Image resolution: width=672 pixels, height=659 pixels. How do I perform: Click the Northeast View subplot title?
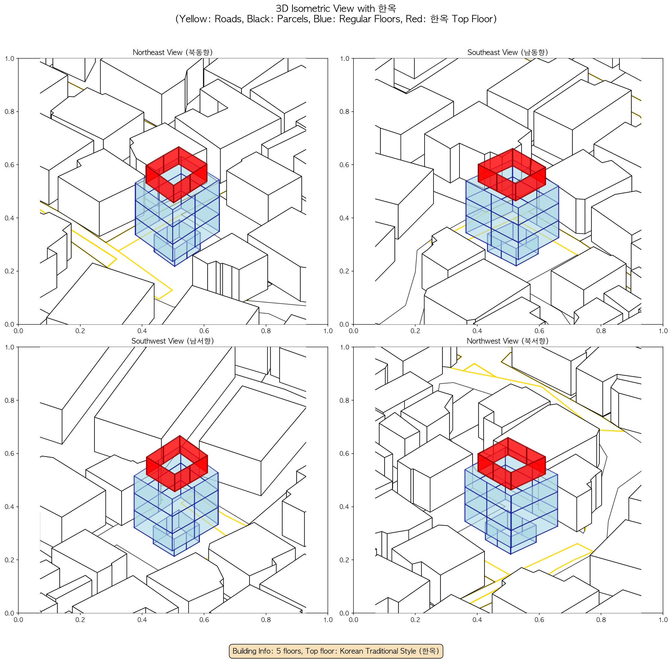(x=173, y=52)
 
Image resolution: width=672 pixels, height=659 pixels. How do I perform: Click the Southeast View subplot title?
(x=508, y=52)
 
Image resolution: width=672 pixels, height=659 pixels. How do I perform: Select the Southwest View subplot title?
(x=173, y=341)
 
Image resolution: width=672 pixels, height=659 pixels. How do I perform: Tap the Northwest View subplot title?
(x=508, y=341)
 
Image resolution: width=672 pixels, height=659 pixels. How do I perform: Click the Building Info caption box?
(x=336, y=651)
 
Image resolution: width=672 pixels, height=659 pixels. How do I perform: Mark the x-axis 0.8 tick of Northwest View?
(x=601, y=620)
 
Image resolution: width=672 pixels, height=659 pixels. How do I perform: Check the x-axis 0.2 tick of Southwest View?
(x=80, y=620)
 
